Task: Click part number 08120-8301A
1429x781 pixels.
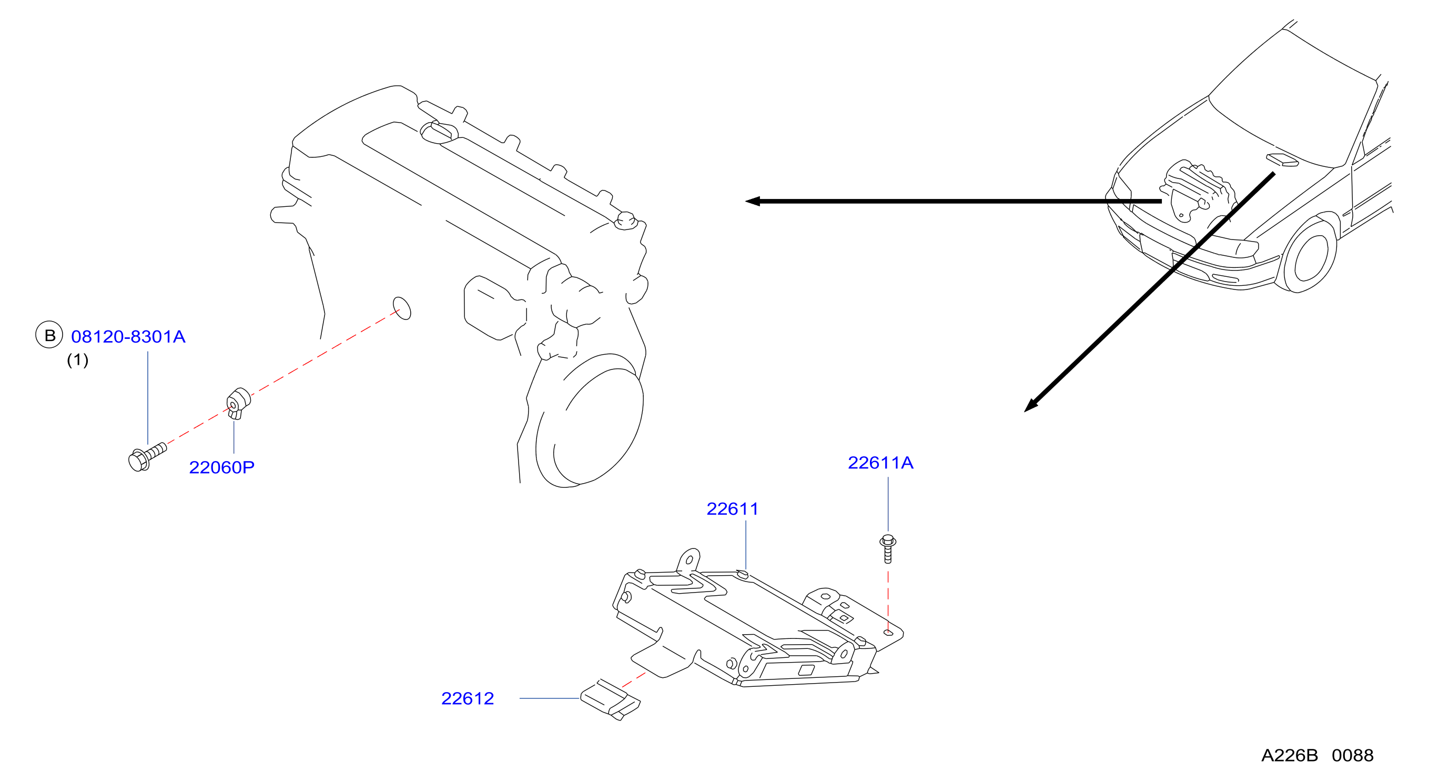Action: coord(128,337)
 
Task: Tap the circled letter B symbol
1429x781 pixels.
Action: coord(49,335)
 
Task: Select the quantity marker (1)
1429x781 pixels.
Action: coord(78,361)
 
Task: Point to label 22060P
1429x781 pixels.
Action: coord(222,467)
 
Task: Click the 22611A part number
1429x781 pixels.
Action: coord(880,463)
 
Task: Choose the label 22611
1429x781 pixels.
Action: coord(732,509)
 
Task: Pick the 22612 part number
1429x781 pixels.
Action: coord(468,698)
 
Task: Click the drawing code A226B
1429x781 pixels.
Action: coord(1289,755)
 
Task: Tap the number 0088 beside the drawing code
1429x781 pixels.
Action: coord(1352,755)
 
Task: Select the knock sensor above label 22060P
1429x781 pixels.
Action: coord(239,403)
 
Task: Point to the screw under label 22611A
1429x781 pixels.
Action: coord(888,548)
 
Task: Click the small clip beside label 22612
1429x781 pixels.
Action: coord(610,699)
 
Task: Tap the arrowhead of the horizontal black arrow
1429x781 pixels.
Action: coord(752,202)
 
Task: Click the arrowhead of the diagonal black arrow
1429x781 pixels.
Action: coord(1030,406)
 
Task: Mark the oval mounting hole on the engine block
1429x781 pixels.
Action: coord(402,308)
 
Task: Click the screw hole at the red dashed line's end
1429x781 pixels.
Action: coord(888,632)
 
